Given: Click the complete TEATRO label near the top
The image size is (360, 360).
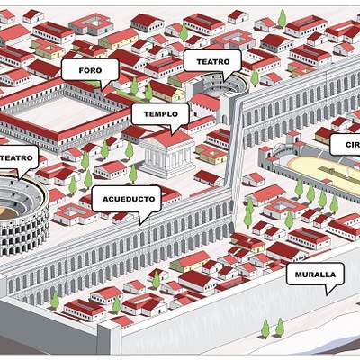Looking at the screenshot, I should [x=212, y=62].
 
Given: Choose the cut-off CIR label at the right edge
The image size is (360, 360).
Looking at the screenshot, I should [x=346, y=144].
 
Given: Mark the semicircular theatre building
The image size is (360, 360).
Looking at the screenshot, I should [x=226, y=83].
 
